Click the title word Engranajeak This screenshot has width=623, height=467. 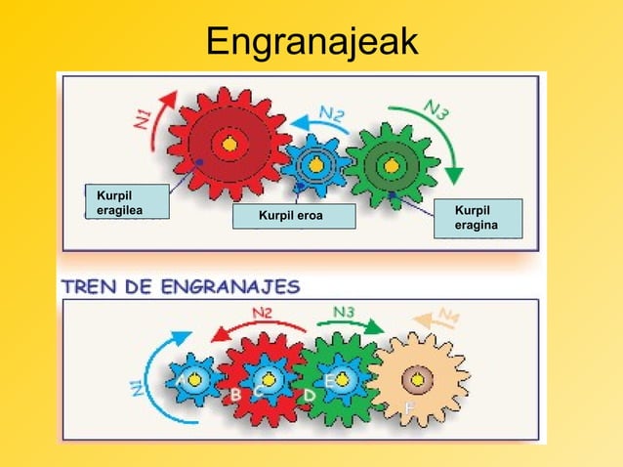pyautogui.click(x=311, y=41)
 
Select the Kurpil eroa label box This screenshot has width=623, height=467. pyautogui.click(x=294, y=216)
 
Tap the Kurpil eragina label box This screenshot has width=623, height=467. pyautogui.click(x=478, y=219)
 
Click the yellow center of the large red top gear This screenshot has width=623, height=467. pyautogui.click(x=229, y=145)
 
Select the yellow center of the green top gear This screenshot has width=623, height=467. pyautogui.click(x=391, y=165)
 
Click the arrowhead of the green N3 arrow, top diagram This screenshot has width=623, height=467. pyautogui.click(x=452, y=176)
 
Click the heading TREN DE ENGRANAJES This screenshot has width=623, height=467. pyautogui.click(x=181, y=286)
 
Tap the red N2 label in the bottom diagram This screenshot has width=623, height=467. pyautogui.click(x=262, y=313)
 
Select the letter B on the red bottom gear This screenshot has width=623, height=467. pyautogui.click(x=234, y=395)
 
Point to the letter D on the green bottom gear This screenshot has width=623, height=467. pyautogui.click(x=310, y=394)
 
